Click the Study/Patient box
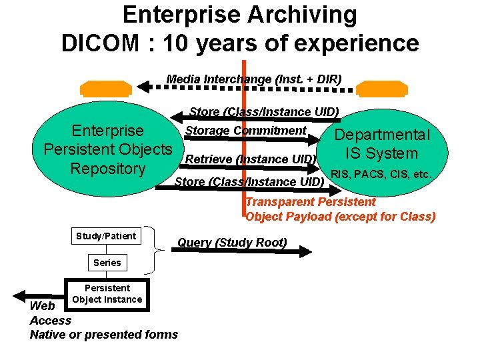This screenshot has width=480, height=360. click(x=106, y=236)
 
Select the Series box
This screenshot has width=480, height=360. click(x=107, y=263)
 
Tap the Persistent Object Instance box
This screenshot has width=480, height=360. click(x=107, y=294)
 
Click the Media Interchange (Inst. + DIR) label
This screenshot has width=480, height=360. click(x=254, y=79)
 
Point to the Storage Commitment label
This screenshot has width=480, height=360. click(x=245, y=131)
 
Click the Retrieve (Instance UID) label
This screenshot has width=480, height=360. click(x=250, y=159)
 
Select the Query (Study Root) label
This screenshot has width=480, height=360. click(x=232, y=243)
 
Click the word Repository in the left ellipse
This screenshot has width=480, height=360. click(x=108, y=169)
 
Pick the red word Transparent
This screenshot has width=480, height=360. click(x=280, y=202)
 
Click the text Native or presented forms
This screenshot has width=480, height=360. click(x=104, y=334)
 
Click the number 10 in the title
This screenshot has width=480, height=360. click(x=175, y=43)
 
